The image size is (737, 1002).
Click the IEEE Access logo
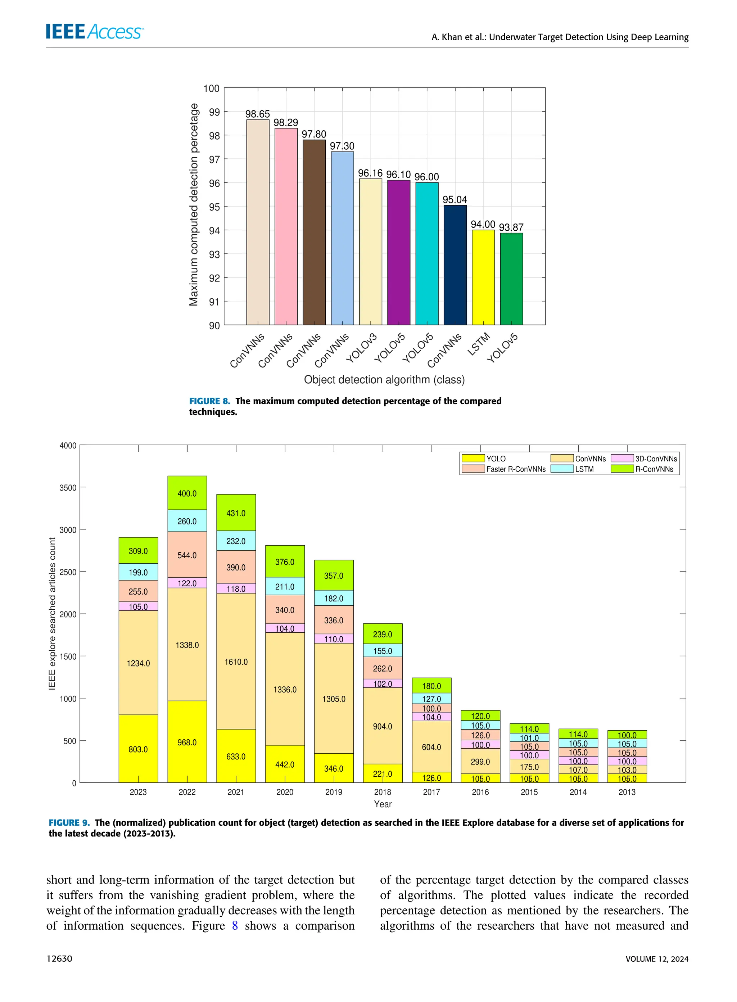pyautogui.click(x=94, y=32)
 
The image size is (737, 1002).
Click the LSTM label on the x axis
pyautogui.click(x=478, y=344)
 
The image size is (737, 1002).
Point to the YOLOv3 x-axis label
pyautogui.click(x=362, y=348)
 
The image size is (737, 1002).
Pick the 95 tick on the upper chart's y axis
pyautogui.click(x=214, y=207)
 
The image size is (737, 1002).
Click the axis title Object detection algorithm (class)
pyautogui.click(x=384, y=380)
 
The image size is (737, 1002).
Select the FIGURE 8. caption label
pyautogui.click(x=210, y=401)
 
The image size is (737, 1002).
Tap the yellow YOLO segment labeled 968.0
pyautogui.click(x=187, y=742)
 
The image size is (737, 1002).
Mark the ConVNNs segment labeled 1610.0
pyautogui.click(x=236, y=662)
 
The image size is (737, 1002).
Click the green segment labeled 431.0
pyautogui.click(x=236, y=513)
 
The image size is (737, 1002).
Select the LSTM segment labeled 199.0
pyautogui.click(x=138, y=572)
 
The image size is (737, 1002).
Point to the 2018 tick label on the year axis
pyautogui.click(x=382, y=792)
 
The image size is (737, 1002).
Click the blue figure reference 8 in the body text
pyautogui.click(x=235, y=926)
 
